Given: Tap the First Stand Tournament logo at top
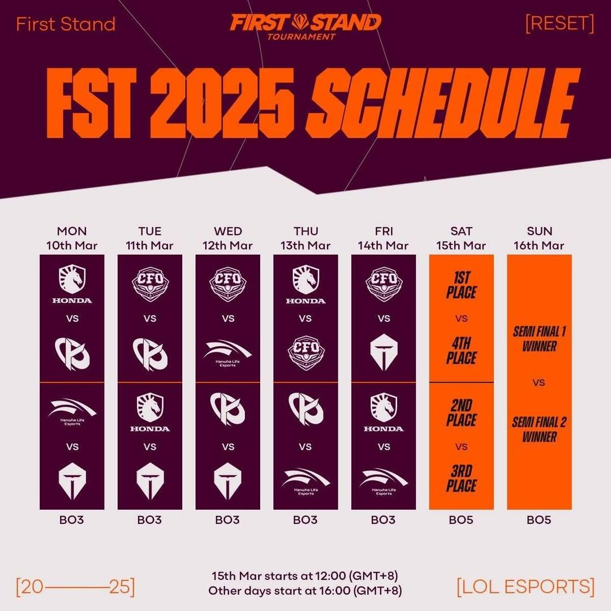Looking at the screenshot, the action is point(305,27).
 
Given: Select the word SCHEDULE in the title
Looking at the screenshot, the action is point(444,103).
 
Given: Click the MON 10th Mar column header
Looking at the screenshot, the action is point(72,238).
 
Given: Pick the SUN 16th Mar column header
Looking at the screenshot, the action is point(539,238).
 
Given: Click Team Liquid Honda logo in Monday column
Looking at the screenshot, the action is point(72,284).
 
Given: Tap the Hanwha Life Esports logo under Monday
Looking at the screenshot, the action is point(72,412).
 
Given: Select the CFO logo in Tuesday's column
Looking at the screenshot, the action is point(150,284).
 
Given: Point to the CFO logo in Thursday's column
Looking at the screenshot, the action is point(306,352).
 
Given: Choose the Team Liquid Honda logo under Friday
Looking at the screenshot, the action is point(384,412).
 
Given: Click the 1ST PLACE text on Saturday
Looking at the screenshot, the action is point(462,286).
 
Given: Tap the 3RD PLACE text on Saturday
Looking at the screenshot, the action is point(462,479).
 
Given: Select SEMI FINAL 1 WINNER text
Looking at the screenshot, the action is point(539,339).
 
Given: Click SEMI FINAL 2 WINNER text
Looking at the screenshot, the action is point(539,429).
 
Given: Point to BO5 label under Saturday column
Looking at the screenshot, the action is point(461,520).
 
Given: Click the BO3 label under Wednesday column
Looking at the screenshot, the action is point(227,520).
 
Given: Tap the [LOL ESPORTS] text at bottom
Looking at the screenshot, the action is point(526,587).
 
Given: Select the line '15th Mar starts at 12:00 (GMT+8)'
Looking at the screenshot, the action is point(305,575).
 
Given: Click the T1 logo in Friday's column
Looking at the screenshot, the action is point(384,352).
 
